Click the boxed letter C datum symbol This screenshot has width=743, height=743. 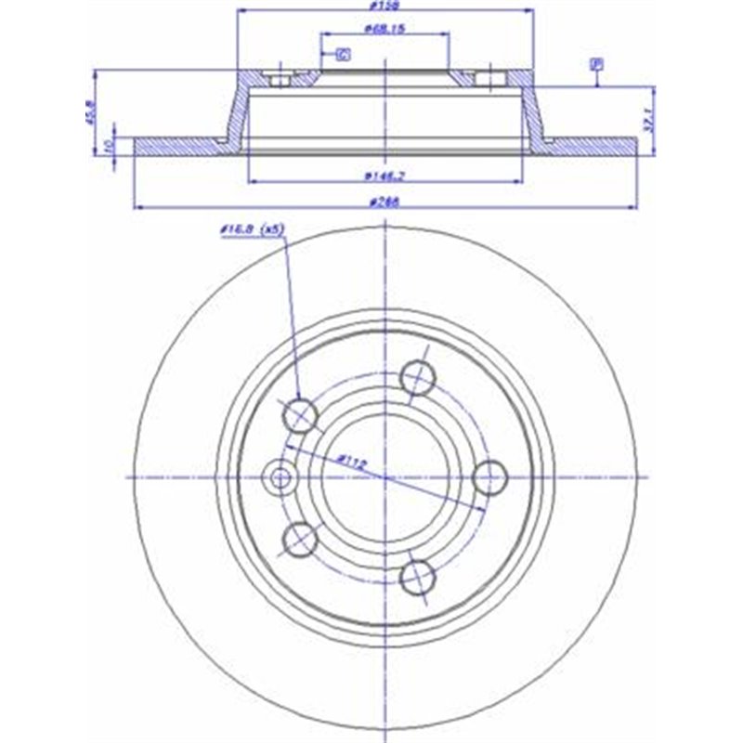[x=343, y=55]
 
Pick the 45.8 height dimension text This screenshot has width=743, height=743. [x=89, y=116]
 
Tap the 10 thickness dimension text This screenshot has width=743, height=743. [x=109, y=146]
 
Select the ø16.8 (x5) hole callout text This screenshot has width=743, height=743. [x=253, y=229]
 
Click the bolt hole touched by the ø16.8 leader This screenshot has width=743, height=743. [x=301, y=414]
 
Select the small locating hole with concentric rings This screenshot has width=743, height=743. [x=278, y=477]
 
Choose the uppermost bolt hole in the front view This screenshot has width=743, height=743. [x=417, y=376]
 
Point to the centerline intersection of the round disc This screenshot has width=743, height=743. [x=385, y=476]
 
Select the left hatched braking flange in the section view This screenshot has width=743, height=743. [x=181, y=147]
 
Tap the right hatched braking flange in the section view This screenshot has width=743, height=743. [x=591, y=147]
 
